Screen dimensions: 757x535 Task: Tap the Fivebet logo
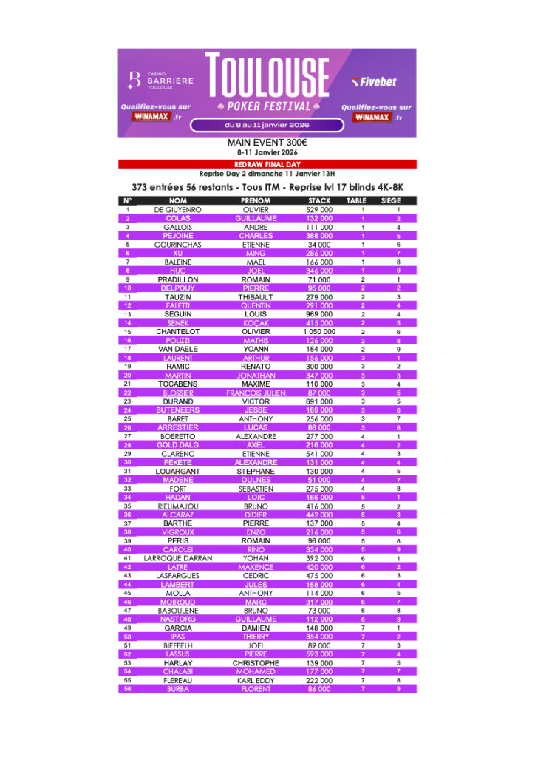374,81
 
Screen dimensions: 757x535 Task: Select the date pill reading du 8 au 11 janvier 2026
267,125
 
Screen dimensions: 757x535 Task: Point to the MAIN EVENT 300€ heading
267,143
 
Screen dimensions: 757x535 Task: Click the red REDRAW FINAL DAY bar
267,164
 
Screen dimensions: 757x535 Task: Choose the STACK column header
319,200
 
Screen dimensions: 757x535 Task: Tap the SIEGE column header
391,200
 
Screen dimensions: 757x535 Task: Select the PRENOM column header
256,200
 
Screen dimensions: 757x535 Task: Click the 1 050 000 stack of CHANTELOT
319,332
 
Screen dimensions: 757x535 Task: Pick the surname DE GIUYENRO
178,210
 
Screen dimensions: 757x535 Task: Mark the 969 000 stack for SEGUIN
319,314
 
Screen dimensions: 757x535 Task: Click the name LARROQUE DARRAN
178,558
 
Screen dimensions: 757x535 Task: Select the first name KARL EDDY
256,680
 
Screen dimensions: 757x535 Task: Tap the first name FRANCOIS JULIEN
256,393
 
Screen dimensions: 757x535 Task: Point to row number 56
127,689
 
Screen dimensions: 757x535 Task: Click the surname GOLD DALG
178,445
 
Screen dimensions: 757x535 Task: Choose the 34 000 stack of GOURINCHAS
319,245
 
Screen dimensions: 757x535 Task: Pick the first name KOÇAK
256,323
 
